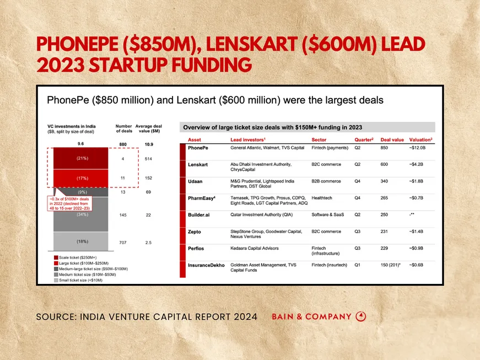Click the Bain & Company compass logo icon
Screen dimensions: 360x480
(x=361, y=316)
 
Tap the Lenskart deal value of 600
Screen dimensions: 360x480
(x=384, y=164)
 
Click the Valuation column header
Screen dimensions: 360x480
(x=420, y=140)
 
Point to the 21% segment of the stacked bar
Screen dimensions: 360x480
(x=82, y=158)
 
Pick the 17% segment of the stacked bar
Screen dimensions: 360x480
(x=82, y=178)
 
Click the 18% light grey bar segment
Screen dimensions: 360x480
(x=82, y=241)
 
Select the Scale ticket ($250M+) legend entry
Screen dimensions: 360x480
(x=77, y=257)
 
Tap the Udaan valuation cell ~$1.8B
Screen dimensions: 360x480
(x=419, y=181)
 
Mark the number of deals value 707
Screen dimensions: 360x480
(x=122, y=242)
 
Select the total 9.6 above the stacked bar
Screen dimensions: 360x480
(x=82, y=144)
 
